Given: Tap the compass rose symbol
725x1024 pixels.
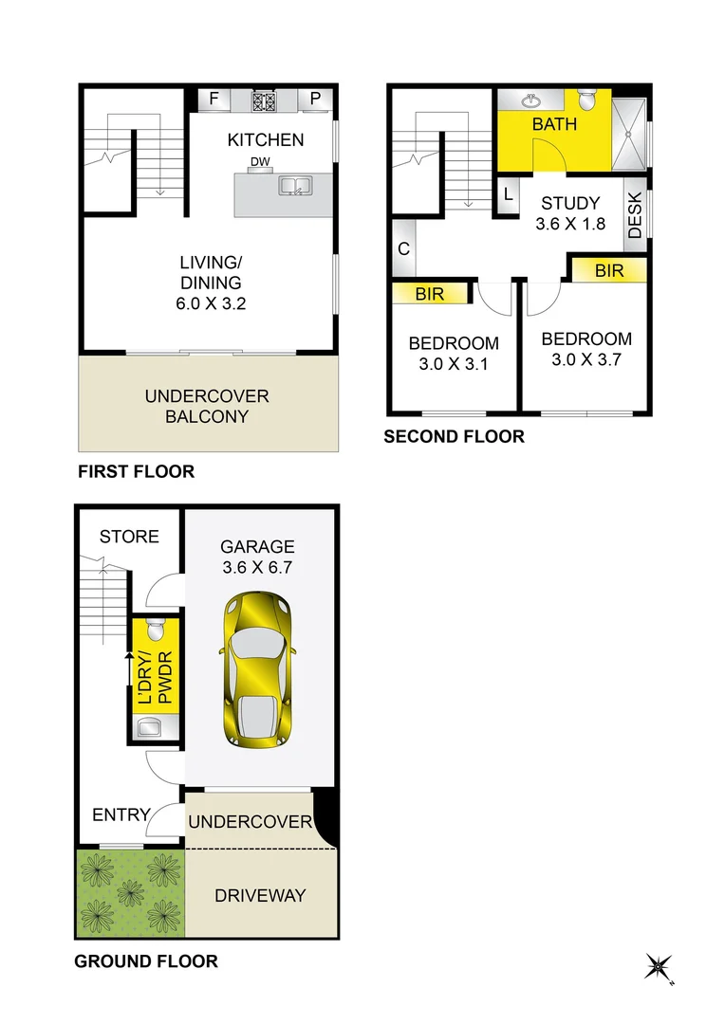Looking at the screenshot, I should (x=659, y=966).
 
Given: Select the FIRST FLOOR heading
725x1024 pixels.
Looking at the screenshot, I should (x=136, y=471).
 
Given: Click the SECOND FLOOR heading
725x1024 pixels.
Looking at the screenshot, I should (x=454, y=437).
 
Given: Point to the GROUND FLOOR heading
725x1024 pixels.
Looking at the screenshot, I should (x=146, y=961).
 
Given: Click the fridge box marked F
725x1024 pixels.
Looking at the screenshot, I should (x=214, y=99).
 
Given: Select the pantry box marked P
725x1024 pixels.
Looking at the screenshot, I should (x=315, y=99).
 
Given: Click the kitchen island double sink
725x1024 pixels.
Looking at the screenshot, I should (x=294, y=187).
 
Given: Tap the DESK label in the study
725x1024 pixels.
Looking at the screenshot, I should (x=635, y=215).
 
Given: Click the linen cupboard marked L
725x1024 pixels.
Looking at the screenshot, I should (x=509, y=195).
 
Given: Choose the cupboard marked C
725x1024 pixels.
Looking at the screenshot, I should (x=403, y=249).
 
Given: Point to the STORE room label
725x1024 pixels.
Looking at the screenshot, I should (x=129, y=537).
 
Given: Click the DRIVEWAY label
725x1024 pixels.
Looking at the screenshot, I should (x=260, y=895).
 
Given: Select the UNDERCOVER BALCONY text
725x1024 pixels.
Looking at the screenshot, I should (x=207, y=407).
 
